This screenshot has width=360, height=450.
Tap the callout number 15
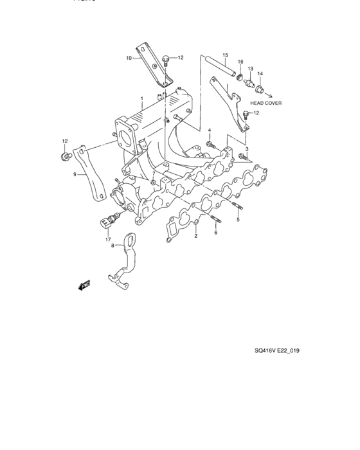[x=226, y=55]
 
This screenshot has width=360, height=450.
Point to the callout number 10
[x=129, y=58]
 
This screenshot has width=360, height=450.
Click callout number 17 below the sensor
[x=108, y=239]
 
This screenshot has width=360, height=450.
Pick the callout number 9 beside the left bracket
[x=75, y=174]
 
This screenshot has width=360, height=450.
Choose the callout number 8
[x=112, y=245]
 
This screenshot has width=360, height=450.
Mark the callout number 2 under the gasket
[x=195, y=237]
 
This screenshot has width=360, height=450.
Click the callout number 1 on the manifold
[x=142, y=98]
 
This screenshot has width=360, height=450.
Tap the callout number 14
[x=260, y=74]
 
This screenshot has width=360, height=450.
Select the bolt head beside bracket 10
[x=166, y=60]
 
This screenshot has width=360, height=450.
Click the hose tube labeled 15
[x=219, y=68]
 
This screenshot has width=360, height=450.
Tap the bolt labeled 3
[x=242, y=156]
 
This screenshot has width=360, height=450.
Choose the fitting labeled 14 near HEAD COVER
[x=260, y=87]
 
